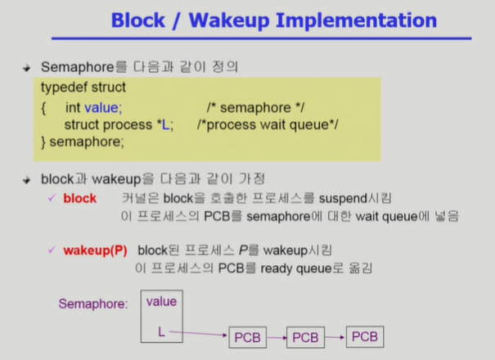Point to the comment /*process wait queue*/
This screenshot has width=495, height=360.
(268, 124)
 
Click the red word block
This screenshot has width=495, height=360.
(79, 198)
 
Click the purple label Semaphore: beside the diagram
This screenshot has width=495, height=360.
(92, 304)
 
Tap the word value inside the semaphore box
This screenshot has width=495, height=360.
(161, 301)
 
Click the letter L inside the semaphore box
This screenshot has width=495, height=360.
(161, 331)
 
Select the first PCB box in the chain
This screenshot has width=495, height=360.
(248, 337)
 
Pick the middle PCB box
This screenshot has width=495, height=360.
(306, 337)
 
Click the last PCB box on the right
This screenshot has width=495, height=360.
(364, 336)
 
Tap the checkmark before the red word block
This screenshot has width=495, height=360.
(52, 198)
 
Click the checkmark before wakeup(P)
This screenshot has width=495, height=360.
(52, 250)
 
